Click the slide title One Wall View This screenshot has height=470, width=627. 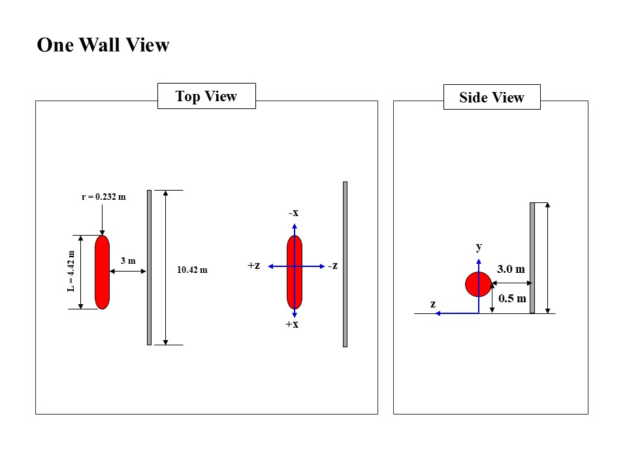coord(103,45)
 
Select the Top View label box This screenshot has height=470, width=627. coord(206,97)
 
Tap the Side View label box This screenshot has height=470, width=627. coord(492,97)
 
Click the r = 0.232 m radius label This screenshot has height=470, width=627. coord(103,196)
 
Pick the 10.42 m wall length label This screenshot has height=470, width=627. coord(192,270)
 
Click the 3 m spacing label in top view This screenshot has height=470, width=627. coord(128,261)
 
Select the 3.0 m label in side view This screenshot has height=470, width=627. coord(511,269)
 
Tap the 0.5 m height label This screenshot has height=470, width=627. coord(511,298)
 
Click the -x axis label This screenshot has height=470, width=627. coord(294,213)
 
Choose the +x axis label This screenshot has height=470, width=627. coord(292,324)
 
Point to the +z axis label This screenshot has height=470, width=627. coord(254,266)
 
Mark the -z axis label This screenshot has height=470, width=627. coord(333,266)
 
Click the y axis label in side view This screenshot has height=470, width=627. coord(479,246)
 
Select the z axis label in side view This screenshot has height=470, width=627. coord(432,304)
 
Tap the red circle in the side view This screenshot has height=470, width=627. coord(478,284)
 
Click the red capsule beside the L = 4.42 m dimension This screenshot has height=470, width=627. coord(102,272)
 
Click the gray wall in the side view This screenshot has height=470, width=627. coord(532,258)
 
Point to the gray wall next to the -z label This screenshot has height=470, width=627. coord(345,264)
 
